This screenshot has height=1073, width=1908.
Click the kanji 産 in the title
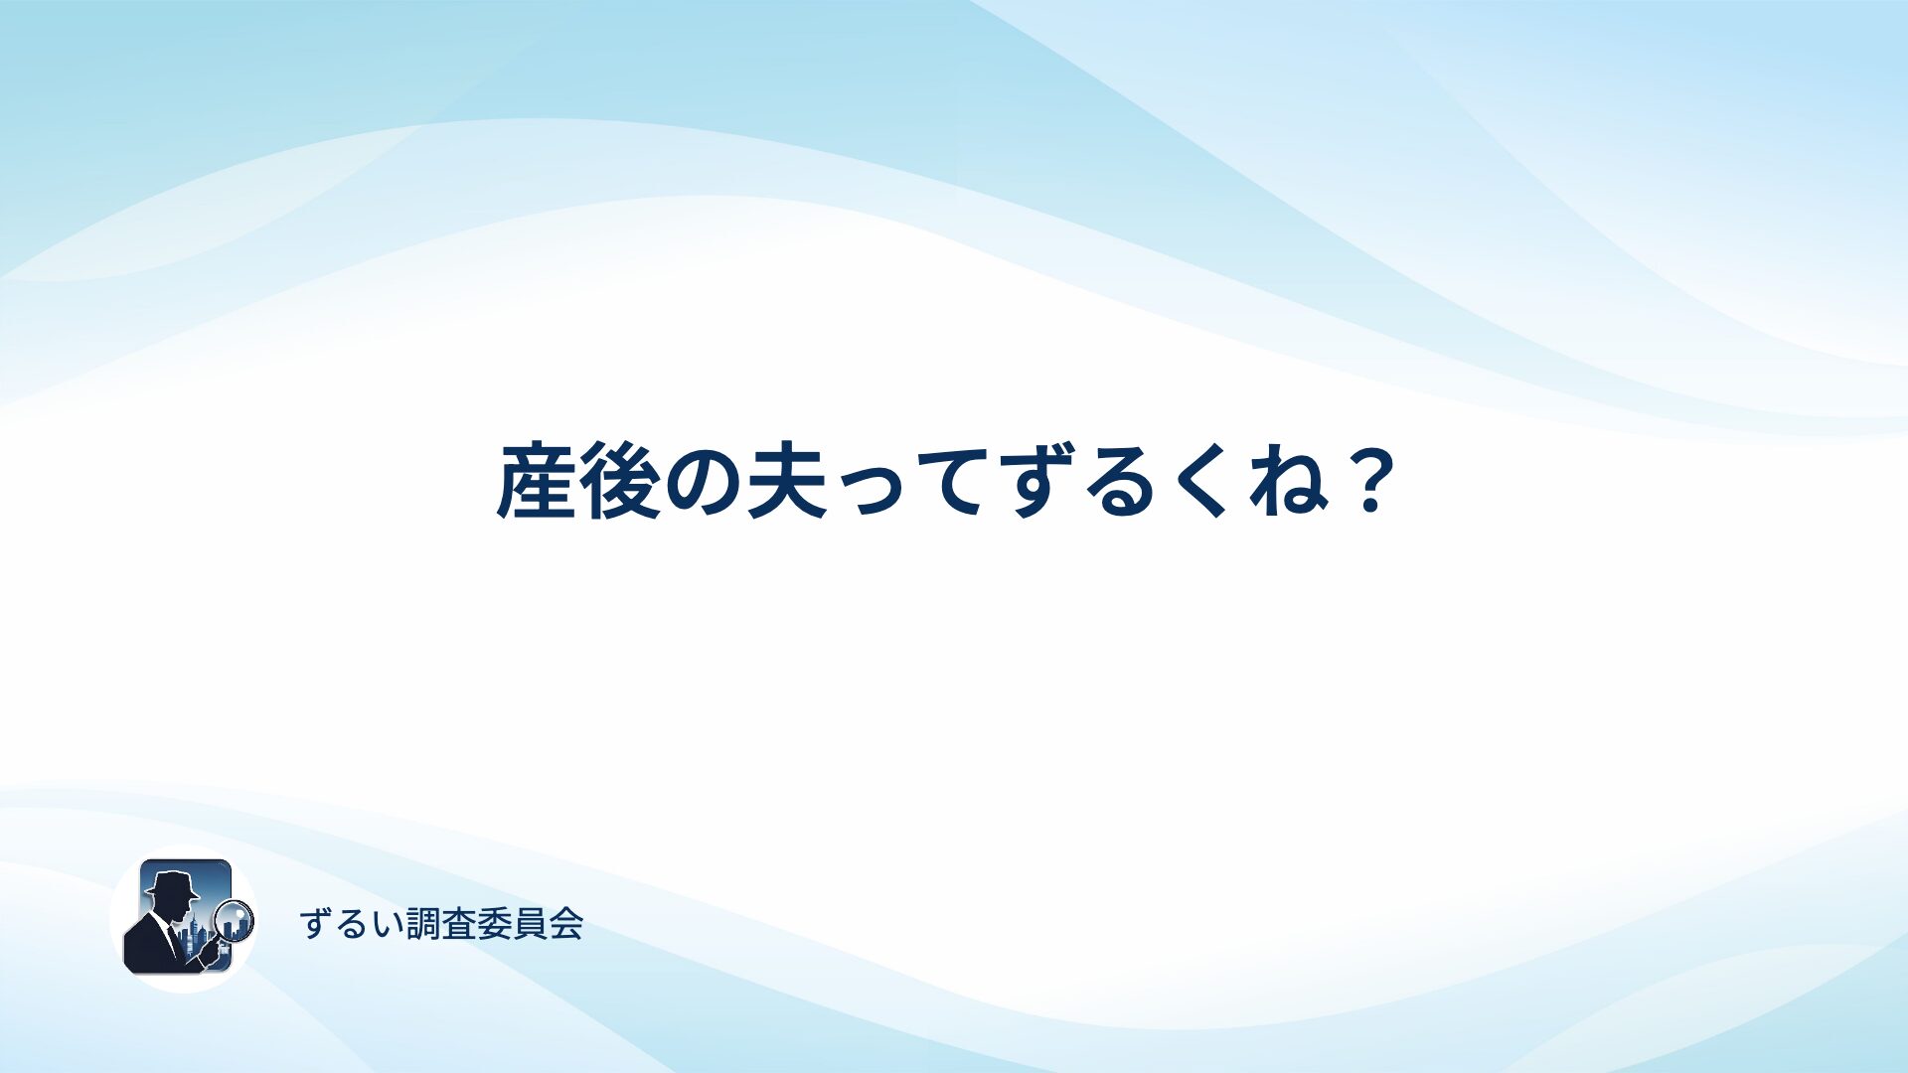[x=537, y=482]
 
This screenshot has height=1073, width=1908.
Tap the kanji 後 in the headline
[x=620, y=482]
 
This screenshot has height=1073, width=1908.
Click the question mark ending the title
[x=1370, y=482]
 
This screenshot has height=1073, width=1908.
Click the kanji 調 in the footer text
[x=423, y=924]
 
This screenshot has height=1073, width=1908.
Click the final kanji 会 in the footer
[x=566, y=924]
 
